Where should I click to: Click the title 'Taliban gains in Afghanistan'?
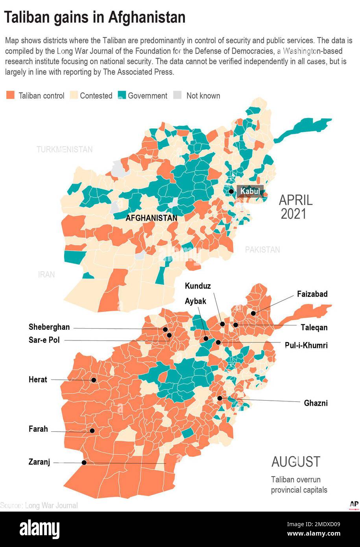click(x=94, y=17)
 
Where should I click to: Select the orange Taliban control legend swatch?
click(x=11, y=95)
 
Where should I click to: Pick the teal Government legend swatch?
click(x=122, y=95)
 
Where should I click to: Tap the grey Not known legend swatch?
click(x=178, y=95)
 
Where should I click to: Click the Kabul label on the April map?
click(x=250, y=192)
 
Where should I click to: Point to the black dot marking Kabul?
click(x=231, y=192)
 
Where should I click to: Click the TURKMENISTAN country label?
click(x=65, y=150)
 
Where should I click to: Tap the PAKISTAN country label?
click(x=262, y=249)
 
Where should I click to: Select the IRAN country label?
click(x=46, y=275)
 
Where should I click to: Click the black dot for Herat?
click(x=94, y=380)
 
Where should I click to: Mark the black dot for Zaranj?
click(x=84, y=463)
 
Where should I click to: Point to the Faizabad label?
click(x=312, y=294)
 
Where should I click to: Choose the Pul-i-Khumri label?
click(x=306, y=346)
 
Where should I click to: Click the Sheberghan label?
click(x=49, y=327)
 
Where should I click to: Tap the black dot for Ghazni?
click(x=220, y=398)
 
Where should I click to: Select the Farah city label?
click(x=38, y=429)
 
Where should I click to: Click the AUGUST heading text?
click(x=295, y=462)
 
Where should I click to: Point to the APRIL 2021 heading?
click(x=295, y=207)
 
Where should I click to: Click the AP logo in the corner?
click(x=354, y=504)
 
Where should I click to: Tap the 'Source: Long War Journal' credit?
click(x=39, y=505)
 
